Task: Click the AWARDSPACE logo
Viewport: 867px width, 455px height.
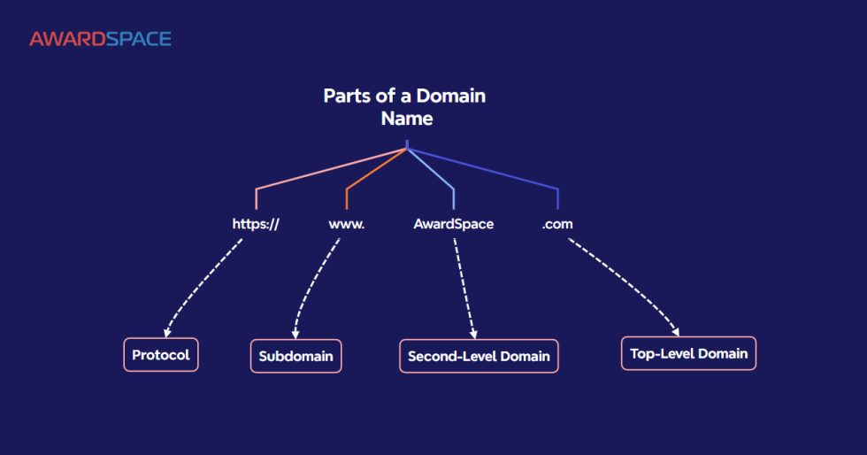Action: (100, 39)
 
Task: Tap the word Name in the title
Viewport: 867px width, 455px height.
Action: (406, 118)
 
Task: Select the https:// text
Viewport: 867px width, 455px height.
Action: (256, 224)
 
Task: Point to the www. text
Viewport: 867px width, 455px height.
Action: (347, 224)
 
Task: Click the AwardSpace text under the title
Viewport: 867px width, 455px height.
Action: (453, 224)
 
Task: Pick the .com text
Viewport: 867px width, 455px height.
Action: (557, 224)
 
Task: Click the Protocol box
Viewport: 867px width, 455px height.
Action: (160, 355)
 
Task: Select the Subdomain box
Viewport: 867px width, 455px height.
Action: (295, 357)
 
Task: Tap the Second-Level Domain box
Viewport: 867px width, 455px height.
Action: (479, 357)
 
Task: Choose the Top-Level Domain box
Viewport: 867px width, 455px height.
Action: (688, 353)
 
